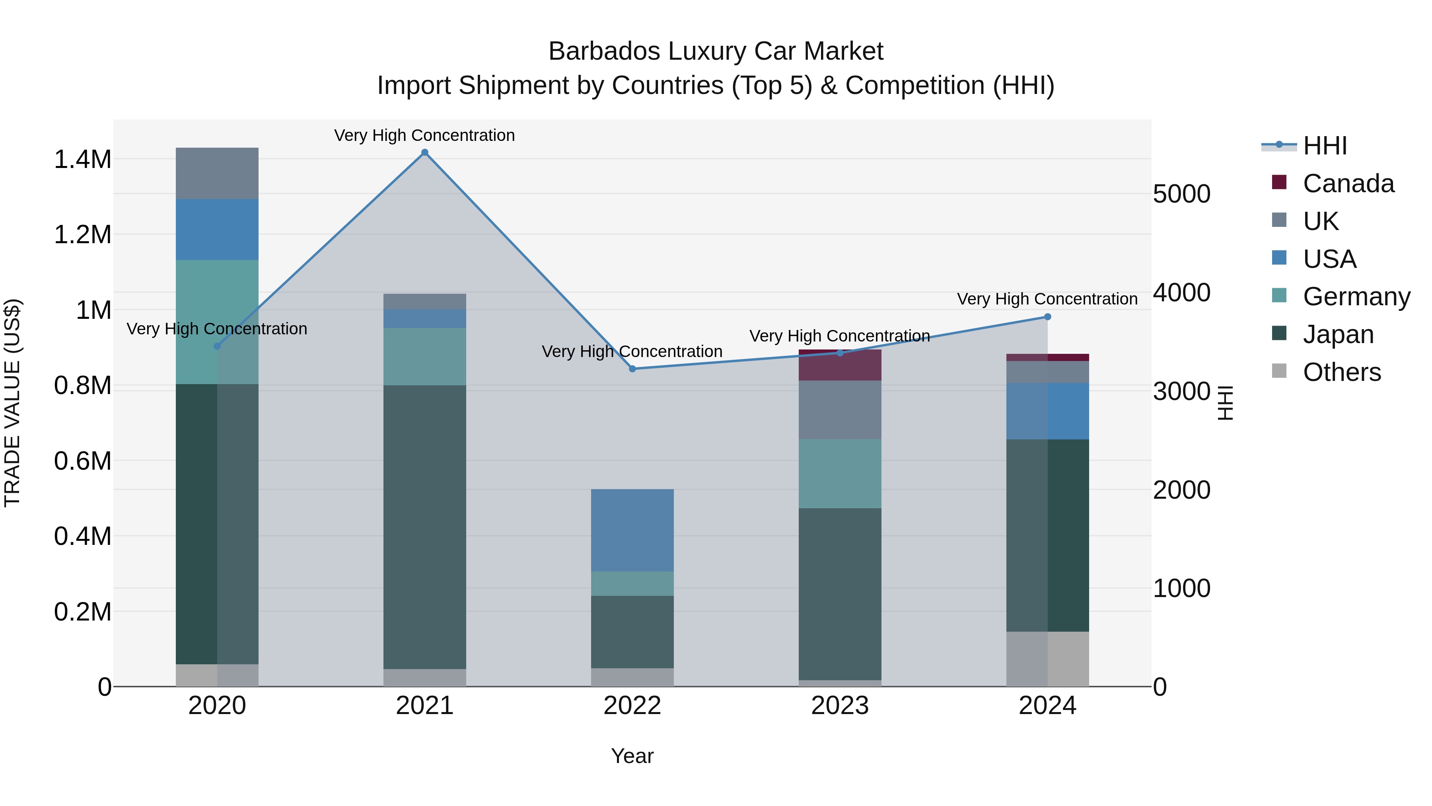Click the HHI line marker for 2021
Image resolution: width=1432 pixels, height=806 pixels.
(x=425, y=152)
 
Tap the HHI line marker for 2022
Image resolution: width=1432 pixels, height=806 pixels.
(x=632, y=369)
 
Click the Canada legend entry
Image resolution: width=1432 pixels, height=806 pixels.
(x=1348, y=183)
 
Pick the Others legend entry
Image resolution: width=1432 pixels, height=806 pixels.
(x=1341, y=372)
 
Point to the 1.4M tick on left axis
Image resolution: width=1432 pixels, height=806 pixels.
(x=82, y=160)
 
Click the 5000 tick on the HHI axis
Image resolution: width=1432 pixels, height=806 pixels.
(x=1181, y=194)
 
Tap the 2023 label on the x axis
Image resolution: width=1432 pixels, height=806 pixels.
(x=839, y=706)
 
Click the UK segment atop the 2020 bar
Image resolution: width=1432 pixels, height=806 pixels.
(x=217, y=174)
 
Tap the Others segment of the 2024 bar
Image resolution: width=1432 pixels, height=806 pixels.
(x=1047, y=659)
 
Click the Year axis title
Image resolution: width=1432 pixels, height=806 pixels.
(x=632, y=756)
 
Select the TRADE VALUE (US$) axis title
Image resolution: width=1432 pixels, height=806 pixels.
(x=12, y=403)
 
